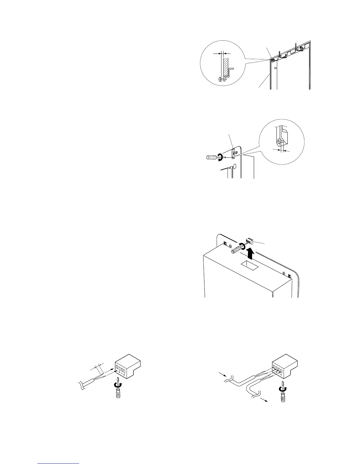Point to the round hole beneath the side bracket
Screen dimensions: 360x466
(x=234, y=168)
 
